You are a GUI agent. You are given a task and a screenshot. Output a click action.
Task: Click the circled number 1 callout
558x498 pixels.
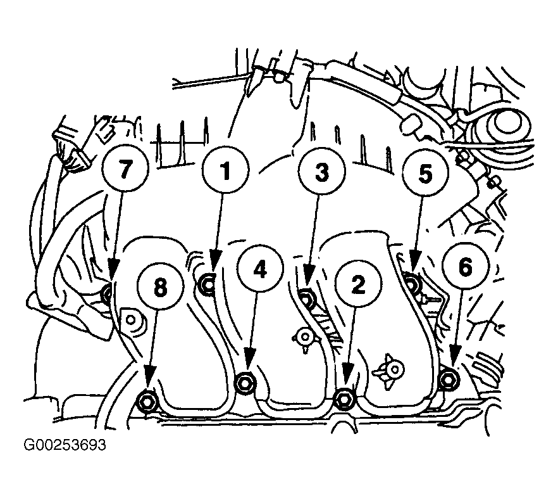click(226, 170)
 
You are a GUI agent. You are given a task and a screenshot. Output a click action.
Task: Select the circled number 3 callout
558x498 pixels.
click(321, 172)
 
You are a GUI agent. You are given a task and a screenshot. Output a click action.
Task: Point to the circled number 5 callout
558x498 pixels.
click(425, 173)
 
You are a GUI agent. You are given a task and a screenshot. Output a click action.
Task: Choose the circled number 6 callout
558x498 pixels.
click(466, 266)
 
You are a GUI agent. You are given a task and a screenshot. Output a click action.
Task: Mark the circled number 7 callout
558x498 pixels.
click(125, 169)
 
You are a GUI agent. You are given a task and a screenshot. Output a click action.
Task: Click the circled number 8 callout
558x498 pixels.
click(160, 287)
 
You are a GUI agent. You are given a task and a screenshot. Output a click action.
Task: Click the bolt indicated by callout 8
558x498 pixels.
click(147, 402)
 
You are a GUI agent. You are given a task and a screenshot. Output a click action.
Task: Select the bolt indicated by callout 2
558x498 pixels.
click(344, 399)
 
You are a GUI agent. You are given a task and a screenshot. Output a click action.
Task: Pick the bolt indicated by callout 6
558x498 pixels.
click(447, 380)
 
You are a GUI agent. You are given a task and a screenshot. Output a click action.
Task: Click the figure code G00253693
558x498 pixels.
click(65, 445)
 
